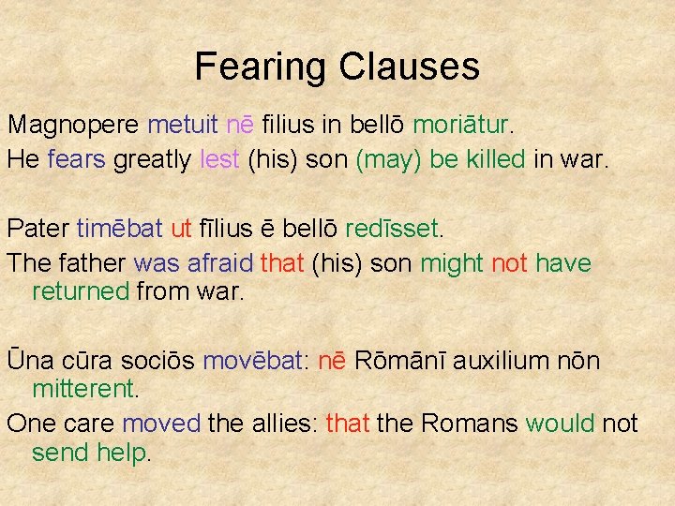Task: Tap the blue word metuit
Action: (x=184, y=125)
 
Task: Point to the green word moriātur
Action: (x=462, y=125)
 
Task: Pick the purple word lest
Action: (x=220, y=159)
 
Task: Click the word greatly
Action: (x=152, y=159)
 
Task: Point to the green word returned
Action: (x=81, y=291)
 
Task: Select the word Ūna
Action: (x=29, y=361)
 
